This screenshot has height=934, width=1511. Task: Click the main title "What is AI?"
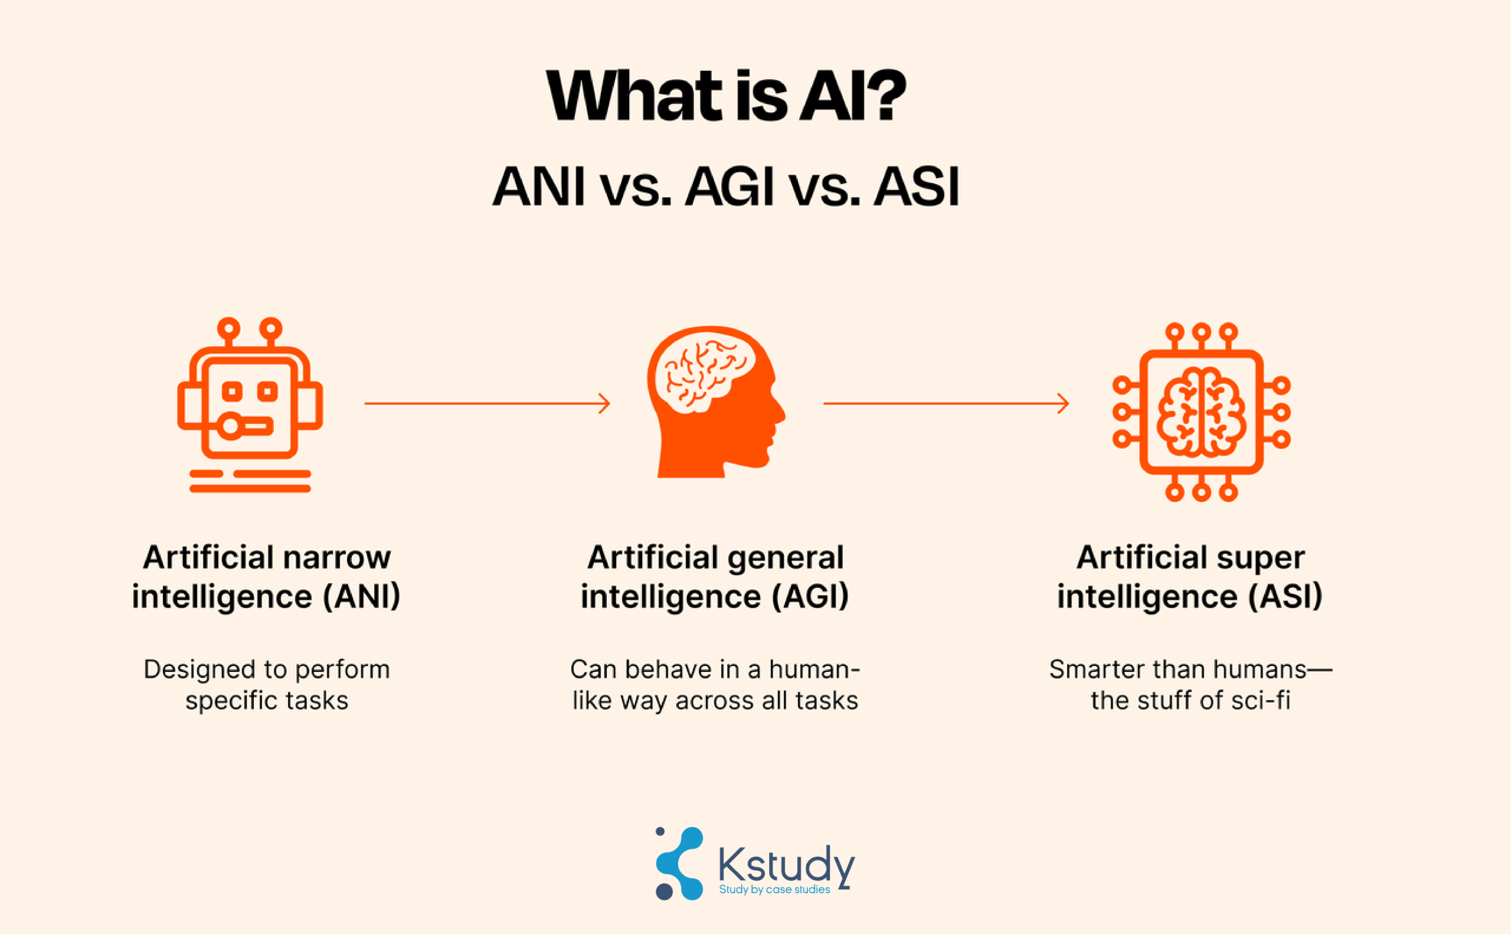click(725, 96)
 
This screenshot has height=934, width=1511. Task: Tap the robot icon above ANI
click(250, 405)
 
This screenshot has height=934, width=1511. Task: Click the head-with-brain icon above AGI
click(717, 401)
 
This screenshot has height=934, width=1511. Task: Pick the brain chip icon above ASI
click(1202, 412)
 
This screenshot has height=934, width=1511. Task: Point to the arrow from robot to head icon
click(487, 403)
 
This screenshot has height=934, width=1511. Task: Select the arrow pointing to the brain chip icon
click(946, 403)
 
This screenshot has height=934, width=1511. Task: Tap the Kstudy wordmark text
click(787, 865)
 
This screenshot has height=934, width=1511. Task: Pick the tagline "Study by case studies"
click(774, 890)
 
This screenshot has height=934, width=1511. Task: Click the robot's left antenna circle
click(228, 328)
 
